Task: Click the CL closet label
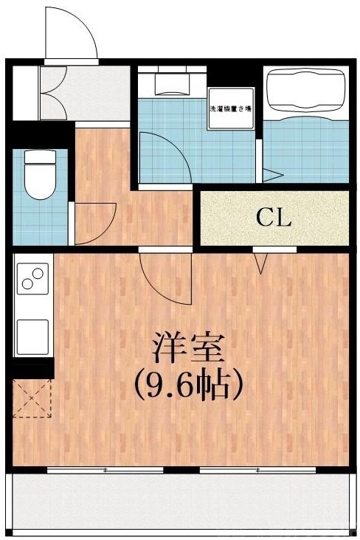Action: click(x=274, y=218)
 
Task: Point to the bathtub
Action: click(x=305, y=92)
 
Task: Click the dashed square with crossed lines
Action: click(x=32, y=399)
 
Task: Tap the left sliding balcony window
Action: click(x=105, y=469)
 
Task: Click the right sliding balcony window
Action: click(x=257, y=469)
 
